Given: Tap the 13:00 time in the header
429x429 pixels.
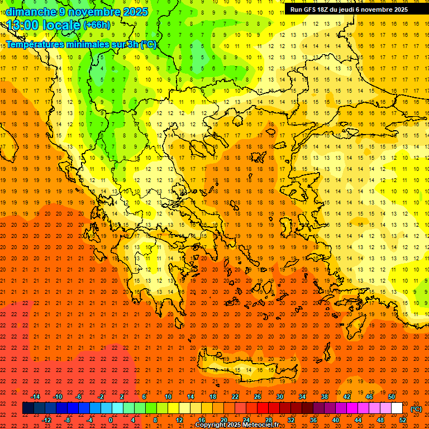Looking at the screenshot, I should click(22, 25).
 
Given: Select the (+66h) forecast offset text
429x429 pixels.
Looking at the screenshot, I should click(97, 25).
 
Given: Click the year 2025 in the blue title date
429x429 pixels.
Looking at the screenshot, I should click(135, 12).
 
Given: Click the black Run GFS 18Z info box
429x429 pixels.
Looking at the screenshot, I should click(349, 9).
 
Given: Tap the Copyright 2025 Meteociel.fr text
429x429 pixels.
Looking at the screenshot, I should click(236, 425).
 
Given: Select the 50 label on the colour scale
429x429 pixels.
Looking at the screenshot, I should click(392, 397).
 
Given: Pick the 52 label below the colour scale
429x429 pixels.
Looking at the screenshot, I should click(403, 420).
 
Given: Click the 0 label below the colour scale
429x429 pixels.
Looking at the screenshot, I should click(111, 420).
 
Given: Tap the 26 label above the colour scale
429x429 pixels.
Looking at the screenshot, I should click(258, 397).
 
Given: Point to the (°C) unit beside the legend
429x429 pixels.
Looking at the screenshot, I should click(416, 409).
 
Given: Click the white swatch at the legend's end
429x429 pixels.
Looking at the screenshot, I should click(397, 408).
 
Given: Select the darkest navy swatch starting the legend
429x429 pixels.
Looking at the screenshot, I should click(28, 408).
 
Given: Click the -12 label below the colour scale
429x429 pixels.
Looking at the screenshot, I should click(46, 420).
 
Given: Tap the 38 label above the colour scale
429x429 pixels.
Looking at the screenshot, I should click(325, 397).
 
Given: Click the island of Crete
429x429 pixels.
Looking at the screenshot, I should click(246, 369).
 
